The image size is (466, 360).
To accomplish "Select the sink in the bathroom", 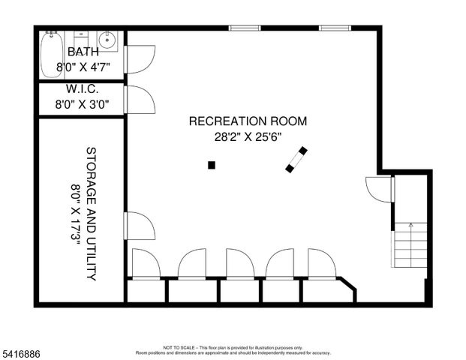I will (x=107, y=40).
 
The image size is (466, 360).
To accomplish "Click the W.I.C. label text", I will (x=82, y=90).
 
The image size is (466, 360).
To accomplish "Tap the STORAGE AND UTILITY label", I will (x=91, y=213).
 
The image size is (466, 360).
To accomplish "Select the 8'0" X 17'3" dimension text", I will (x=75, y=213).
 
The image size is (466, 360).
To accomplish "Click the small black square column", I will (x=212, y=165).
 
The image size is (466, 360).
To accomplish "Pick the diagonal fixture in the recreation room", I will (x=296, y=160).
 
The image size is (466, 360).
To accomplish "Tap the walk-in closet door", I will (x=140, y=99).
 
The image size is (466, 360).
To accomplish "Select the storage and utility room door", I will (x=140, y=226).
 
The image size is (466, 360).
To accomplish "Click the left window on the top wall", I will (x=245, y=28).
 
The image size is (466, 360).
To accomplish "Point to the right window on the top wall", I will (x=335, y=28).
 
